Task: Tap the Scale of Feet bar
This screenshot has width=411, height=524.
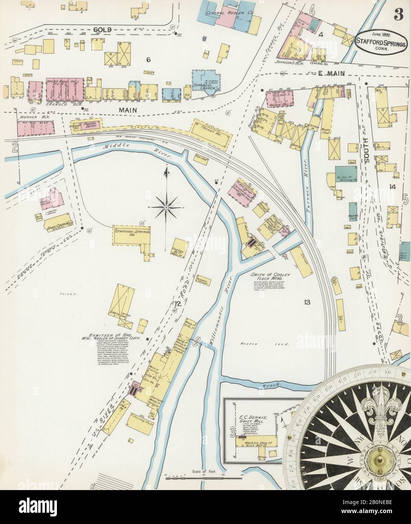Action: pos(204,478)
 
